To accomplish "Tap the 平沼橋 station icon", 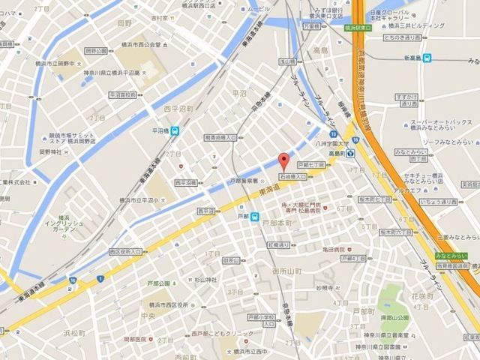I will click(x=175, y=131).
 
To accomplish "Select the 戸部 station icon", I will click(x=254, y=218).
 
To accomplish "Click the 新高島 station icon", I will click(x=427, y=58).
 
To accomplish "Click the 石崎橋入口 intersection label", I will click(x=293, y=175).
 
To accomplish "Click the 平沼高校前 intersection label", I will click(x=123, y=95).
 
